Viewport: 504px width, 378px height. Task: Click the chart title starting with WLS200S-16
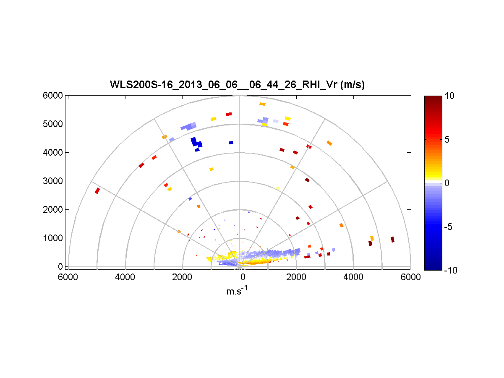click(x=237, y=85)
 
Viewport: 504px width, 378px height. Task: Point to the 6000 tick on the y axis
click(x=53, y=96)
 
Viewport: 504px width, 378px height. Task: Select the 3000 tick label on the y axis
click(x=53, y=181)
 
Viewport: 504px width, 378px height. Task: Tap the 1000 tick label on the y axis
click(x=53, y=238)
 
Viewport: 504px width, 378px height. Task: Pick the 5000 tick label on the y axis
click(x=53, y=124)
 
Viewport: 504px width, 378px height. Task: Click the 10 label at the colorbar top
click(x=450, y=96)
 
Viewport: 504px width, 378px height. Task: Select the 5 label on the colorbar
click(x=448, y=140)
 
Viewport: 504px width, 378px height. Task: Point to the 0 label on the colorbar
click(x=448, y=183)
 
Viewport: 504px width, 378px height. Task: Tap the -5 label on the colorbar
click(x=449, y=227)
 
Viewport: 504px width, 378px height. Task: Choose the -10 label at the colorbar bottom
click(x=451, y=271)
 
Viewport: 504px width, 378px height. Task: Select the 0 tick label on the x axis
click(x=242, y=277)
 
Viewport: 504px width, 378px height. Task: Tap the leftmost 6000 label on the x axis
click(x=68, y=277)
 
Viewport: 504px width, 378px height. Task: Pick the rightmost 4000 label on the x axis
click(x=353, y=277)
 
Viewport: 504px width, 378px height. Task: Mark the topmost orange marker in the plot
click(x=263, y=104)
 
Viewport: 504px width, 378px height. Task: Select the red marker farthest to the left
click(x=97, y=191)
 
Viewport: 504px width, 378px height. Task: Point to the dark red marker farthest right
click(x=392, y=239)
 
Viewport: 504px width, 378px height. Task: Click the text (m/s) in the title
click(x=352, y=85)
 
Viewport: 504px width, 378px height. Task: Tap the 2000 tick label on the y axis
click(x=53, y=210)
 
